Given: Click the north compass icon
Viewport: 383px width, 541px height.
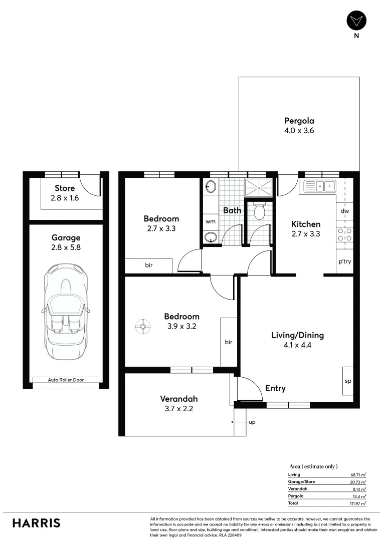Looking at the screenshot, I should [x=356, y=21].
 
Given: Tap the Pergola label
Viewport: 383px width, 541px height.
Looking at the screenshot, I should [x=299, y=121].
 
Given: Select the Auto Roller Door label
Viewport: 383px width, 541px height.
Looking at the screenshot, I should [x=66, y=380].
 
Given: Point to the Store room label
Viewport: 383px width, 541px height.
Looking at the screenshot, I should [x=65, y=188].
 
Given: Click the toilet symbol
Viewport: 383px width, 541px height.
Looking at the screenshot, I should [x=259, y=211].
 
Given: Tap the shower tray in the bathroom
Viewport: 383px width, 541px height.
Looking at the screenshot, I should [x=259, y=187].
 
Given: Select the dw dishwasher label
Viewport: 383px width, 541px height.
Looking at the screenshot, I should [x=344, y=211].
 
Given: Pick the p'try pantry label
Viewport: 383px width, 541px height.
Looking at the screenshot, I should [x=344, y=261].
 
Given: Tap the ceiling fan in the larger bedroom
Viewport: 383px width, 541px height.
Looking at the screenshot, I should [x=143, y=327].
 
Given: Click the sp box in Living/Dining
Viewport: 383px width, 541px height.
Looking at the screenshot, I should [x=347, y=381].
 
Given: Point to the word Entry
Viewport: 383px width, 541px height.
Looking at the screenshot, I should [x=275, y=388].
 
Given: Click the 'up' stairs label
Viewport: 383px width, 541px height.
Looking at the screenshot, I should [x=252, y=422].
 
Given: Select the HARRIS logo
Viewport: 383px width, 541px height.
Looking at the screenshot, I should [x=36, y=523].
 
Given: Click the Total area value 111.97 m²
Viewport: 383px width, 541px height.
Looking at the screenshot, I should [x=358, y=502].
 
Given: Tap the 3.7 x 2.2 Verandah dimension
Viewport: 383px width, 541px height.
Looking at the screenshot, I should [x=178, y=408].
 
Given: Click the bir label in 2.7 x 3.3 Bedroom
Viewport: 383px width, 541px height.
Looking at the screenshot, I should [x=149, y=265].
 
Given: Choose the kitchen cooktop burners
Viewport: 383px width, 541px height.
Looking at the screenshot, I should [x=344, y=235].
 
